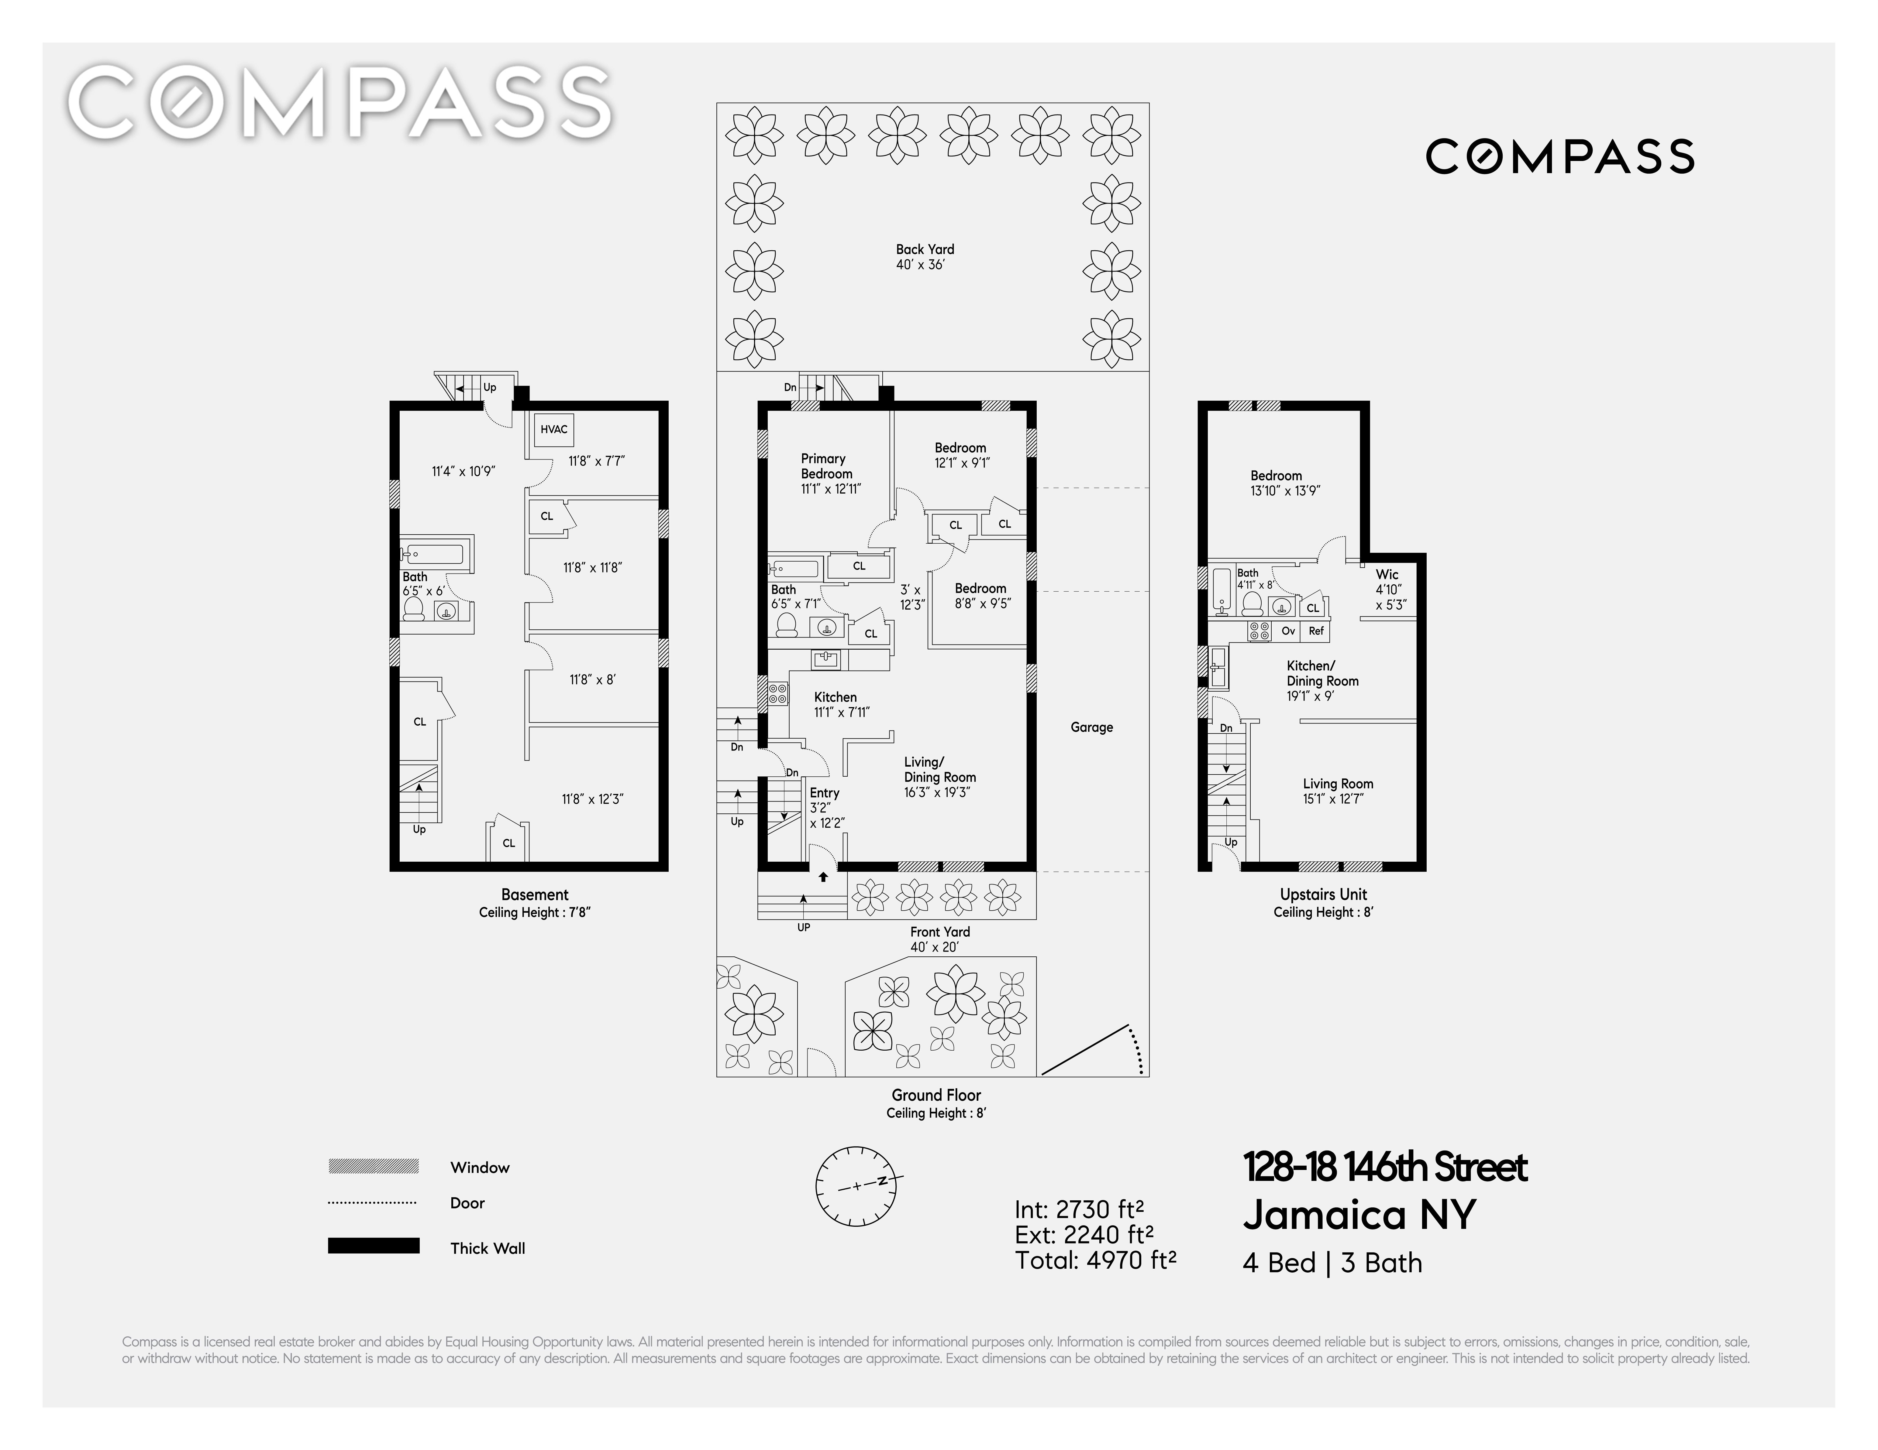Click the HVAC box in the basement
click(x=554, y=430)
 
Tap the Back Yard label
click(x=925, y=249)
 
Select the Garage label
click(x=1091, y=727)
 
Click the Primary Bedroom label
click(x=826, y=466)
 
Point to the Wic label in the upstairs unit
click(x=1387, y=574)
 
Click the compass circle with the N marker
click(x=856, y=1186)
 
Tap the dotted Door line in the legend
click(x=372, y=1202)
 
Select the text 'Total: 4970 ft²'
click(x=1095, y=1260)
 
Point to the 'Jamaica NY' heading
click(x=1359, y=1215)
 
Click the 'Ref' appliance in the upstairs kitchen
click(x=1317, y=631)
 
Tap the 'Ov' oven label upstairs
click(x=1288, y=631)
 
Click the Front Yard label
click(x=940, y=932)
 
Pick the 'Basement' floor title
click(x=535, y=895)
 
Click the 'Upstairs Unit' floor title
click(x=1323, y=895)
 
